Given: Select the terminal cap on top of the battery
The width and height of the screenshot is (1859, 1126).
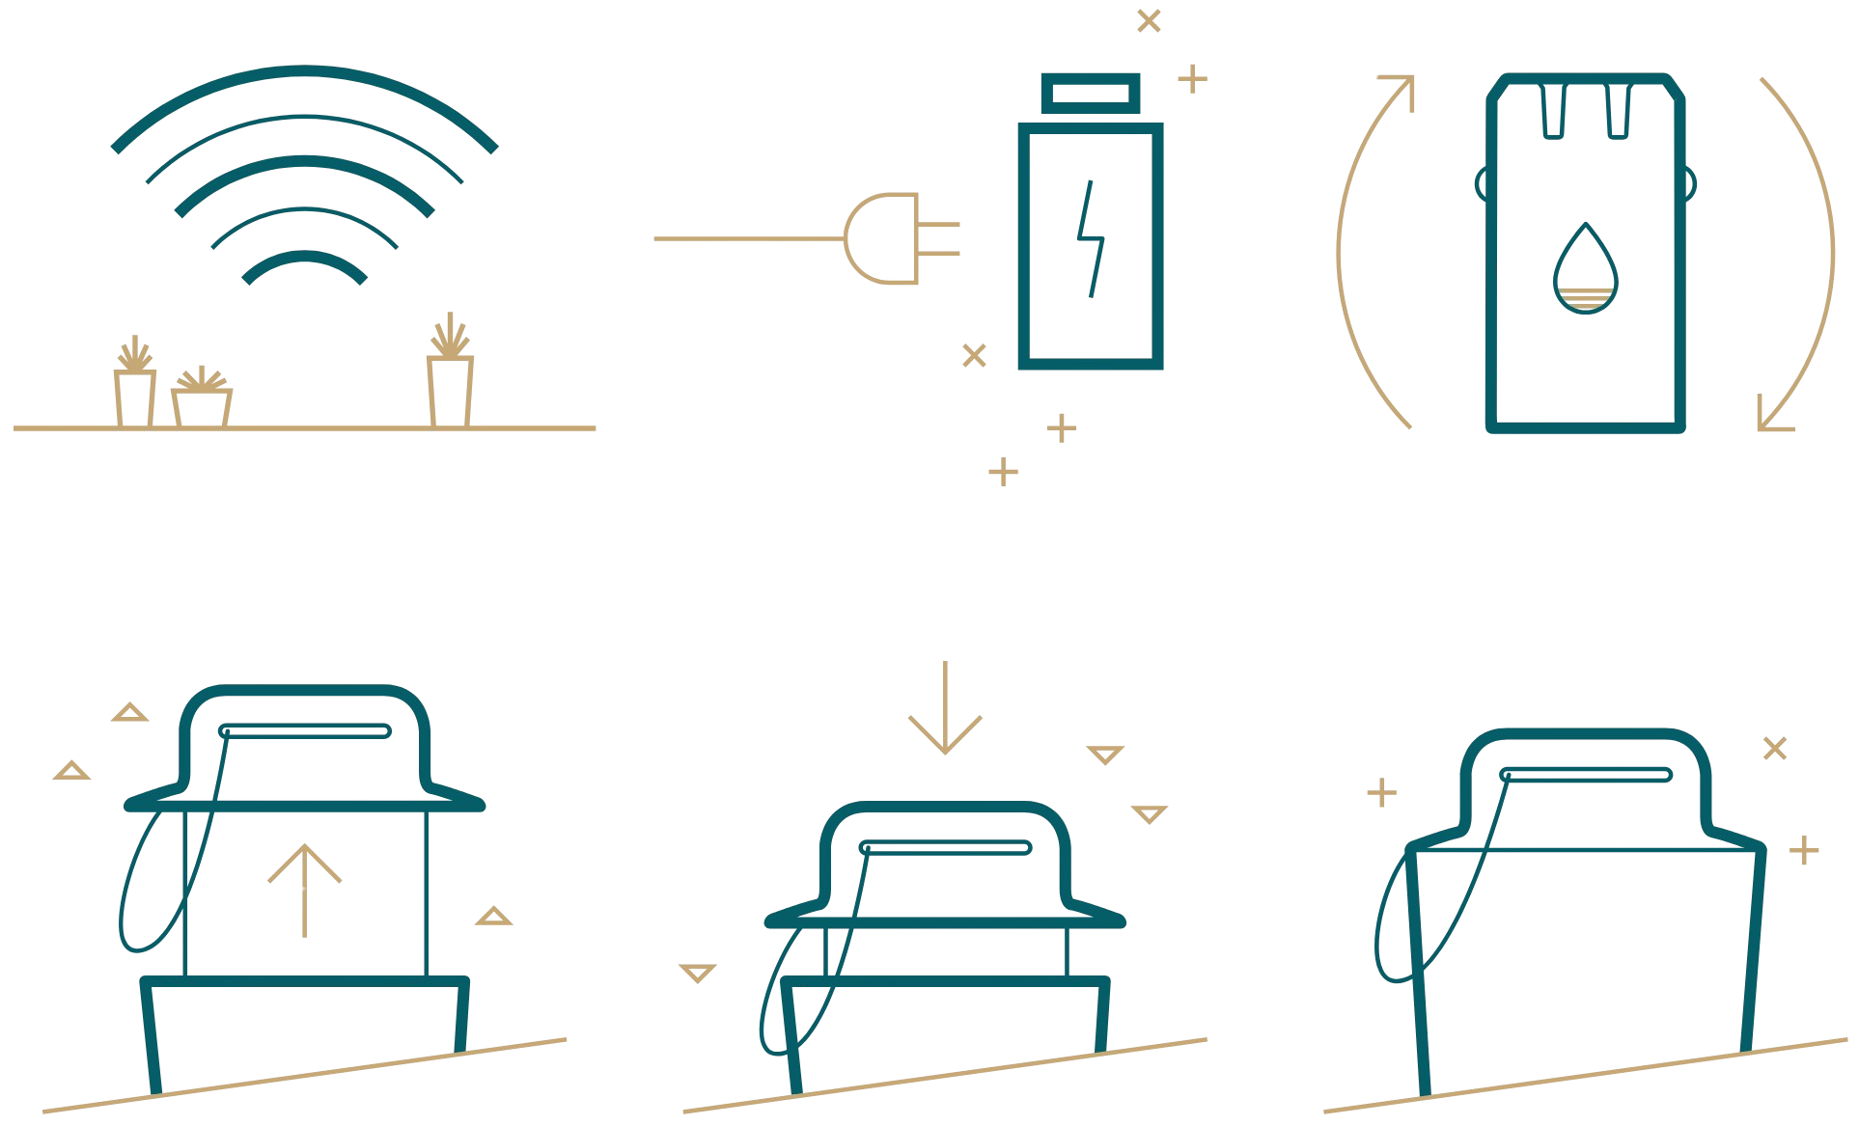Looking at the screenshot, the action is point(1091,94).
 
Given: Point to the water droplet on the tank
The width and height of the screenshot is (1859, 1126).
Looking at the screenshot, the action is point(1585,270).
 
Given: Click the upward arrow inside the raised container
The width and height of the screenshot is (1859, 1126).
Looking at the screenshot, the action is point(304,889).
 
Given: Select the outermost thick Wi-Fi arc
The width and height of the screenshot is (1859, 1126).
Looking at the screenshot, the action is point(304,73).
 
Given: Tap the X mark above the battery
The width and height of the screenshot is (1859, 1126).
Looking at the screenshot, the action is point(1149,20).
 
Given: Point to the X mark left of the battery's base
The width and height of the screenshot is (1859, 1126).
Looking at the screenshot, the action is point(975,355).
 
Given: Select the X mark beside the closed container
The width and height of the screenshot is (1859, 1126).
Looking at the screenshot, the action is point(1775,748).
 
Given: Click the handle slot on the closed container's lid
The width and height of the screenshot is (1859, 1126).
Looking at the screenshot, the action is point(1586,774).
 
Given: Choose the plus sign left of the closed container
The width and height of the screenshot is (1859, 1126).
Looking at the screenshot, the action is point(1382,793).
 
